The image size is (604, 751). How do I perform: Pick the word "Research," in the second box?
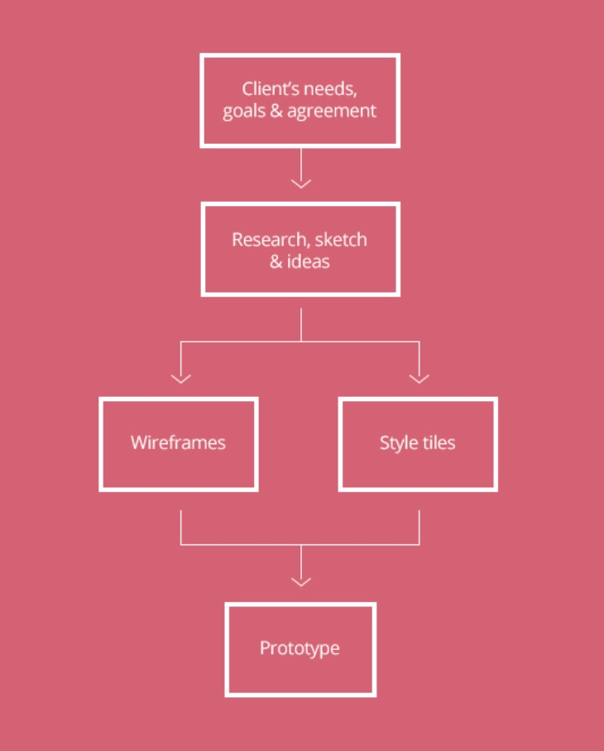pos(271,240)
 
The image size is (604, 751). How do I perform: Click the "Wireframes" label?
pos(178,442)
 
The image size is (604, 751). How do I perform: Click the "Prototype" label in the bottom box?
pos(300,648)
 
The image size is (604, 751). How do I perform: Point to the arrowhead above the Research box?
pos(300,182)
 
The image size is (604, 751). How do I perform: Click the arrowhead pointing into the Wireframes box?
pos(180,378)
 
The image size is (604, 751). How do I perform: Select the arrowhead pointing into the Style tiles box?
pos(419,378)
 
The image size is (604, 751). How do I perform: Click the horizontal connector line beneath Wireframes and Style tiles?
pos(248,544)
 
